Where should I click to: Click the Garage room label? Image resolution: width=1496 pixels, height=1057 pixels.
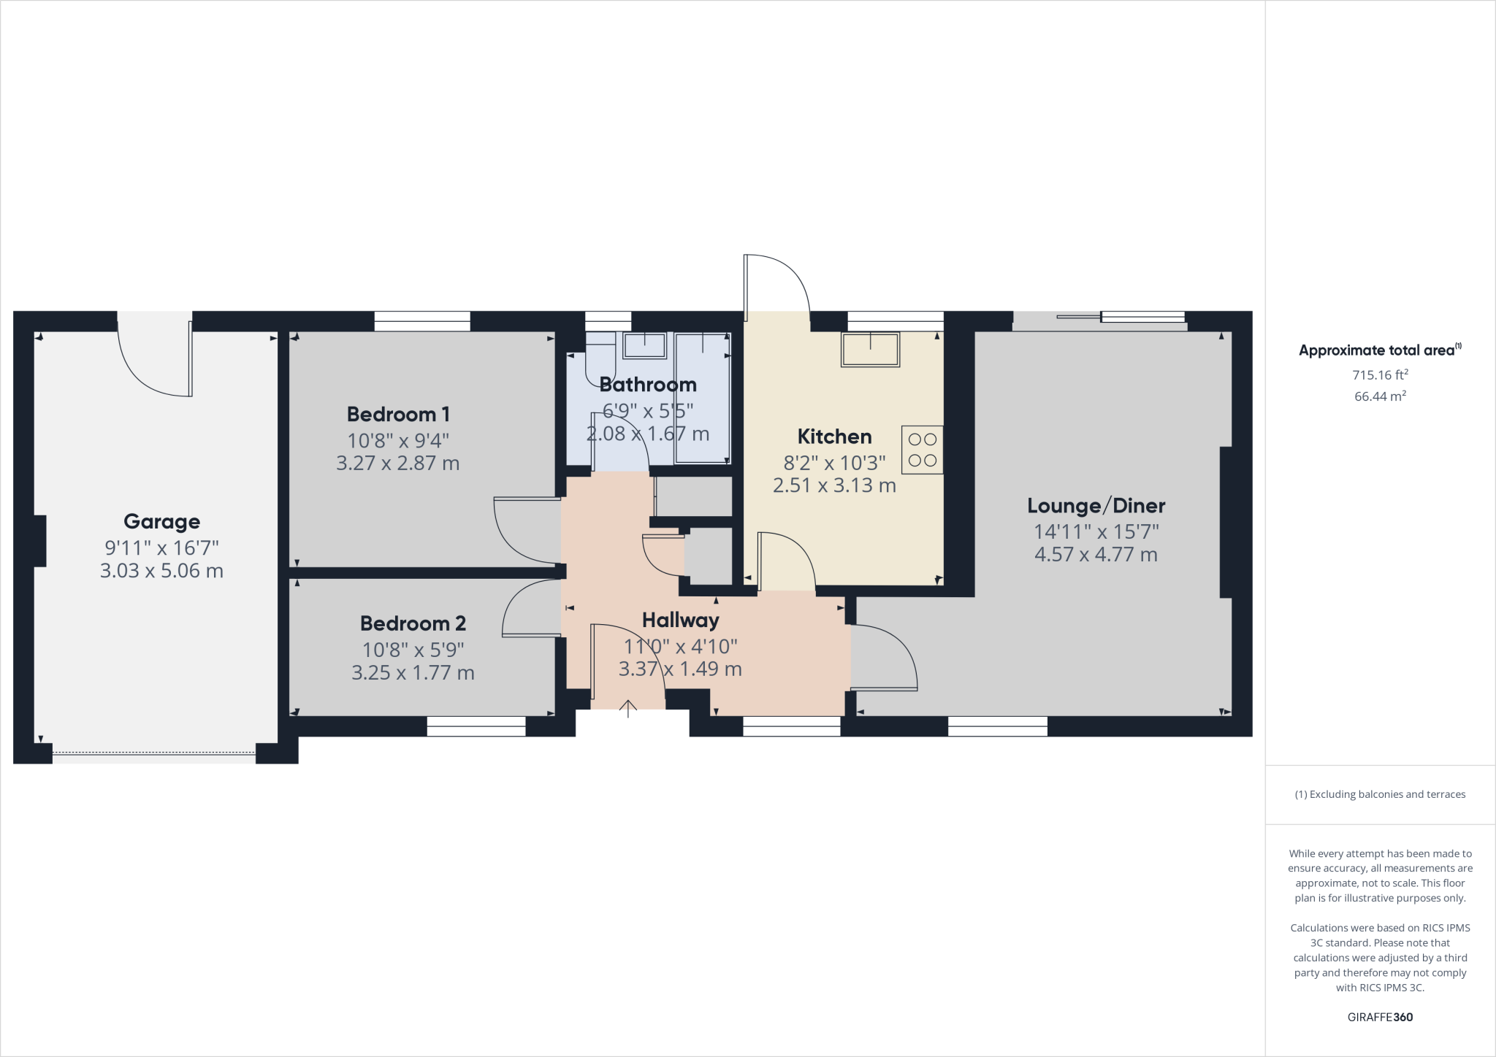[161, 521]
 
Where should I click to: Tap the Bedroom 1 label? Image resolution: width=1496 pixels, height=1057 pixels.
[397, 415]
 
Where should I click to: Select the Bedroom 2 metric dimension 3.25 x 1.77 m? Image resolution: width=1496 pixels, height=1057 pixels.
[413, 672]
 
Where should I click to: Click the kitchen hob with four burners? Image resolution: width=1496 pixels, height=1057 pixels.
[922, 450]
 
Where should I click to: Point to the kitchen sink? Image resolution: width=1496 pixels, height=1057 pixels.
[870, 350]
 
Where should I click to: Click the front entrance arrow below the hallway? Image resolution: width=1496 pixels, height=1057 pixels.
[628, 708]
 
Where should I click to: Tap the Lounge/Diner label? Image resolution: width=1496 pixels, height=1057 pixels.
[1096, 505]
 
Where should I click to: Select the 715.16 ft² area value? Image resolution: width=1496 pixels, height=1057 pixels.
[1380, 375]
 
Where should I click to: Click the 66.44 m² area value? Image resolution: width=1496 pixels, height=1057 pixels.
[1380, 396]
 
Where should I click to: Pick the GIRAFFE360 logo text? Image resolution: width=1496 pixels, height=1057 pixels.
[1380, 1017]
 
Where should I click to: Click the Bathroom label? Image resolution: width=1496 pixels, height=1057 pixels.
[647, 385]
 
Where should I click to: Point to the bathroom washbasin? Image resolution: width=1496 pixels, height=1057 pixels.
[644, 345]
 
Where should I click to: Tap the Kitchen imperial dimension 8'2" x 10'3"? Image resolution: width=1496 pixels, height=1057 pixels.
[834, 462]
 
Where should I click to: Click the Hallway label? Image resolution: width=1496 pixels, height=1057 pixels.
[680, 620]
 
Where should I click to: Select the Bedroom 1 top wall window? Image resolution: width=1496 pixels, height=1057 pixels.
[421, 321]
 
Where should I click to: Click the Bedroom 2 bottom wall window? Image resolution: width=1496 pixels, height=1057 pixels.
[476, 726]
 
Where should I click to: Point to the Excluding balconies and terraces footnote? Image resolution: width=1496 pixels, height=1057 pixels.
[1380, 794]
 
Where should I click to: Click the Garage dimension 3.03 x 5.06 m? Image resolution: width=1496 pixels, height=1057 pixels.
[161, 571]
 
